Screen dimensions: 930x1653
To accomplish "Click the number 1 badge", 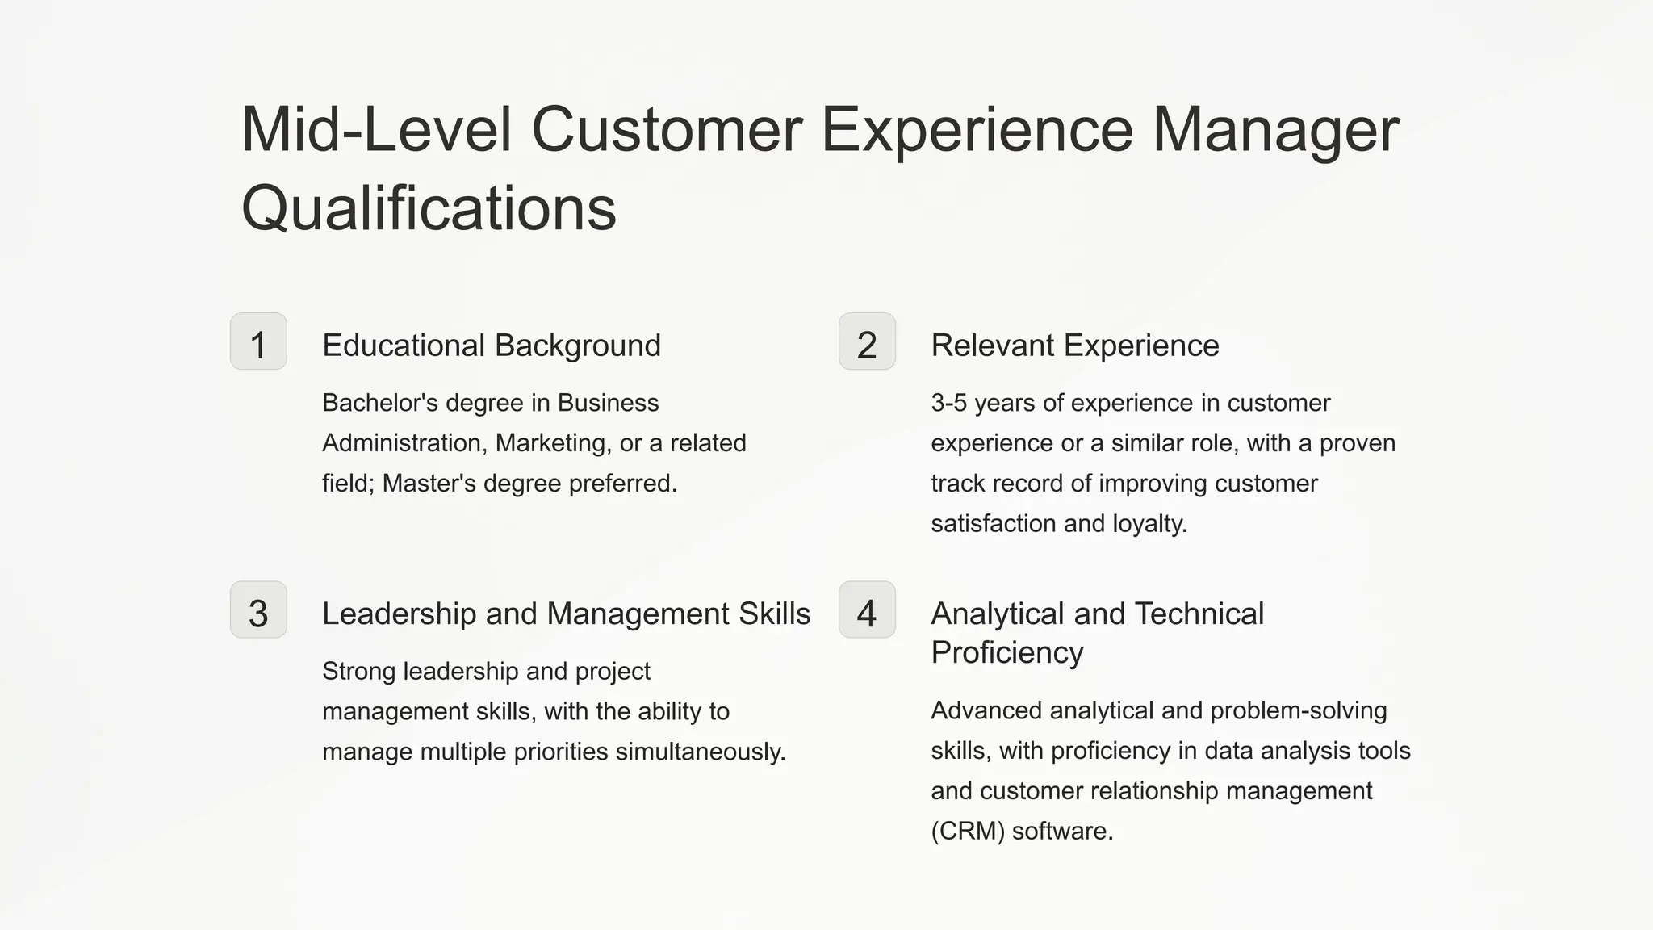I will pos(258,341).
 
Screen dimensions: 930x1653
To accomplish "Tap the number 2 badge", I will pos(867,341).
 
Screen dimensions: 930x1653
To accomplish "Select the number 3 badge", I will pos(258,610).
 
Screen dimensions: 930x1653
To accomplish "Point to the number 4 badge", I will pos(867,610).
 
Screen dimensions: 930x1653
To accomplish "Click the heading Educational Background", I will pos(491,346).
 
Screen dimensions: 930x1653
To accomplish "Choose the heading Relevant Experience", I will pos(1074,346).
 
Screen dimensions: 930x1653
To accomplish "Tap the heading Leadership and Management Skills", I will pos(566,614).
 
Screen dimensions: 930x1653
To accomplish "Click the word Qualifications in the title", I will pos(429,207).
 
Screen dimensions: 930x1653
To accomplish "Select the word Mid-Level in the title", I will pos(376,129).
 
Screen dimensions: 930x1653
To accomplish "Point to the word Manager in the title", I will pos(1275,129).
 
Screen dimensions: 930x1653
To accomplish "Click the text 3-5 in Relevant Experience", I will pos(948,403).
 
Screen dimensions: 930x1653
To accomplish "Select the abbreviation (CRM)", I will pos(967,831).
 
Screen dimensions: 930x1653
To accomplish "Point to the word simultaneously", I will pos(700,752).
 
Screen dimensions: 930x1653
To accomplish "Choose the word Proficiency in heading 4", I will pos(1006,652).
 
